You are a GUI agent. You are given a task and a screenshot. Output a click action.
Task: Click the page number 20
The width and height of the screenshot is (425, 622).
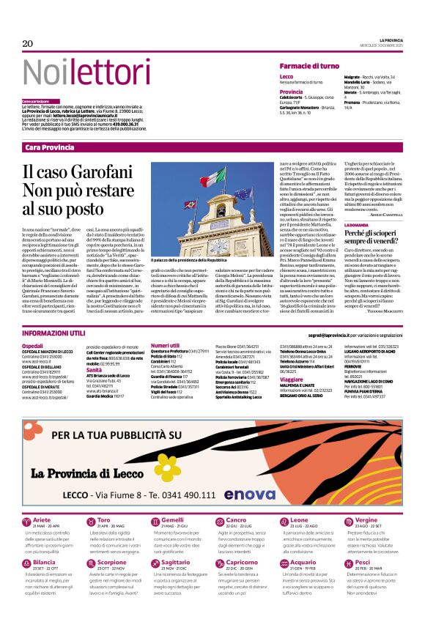coord(28,44)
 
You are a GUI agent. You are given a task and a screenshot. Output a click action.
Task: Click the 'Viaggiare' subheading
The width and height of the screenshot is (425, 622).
coord(292,380)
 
